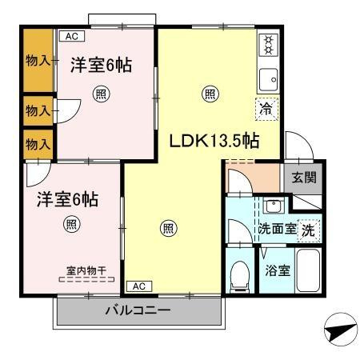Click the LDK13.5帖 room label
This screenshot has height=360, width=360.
[214, 141]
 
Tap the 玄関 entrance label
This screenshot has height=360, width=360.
[304, 178]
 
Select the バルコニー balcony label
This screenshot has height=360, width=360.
[138, 310]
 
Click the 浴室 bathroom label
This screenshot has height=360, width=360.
[278, 270]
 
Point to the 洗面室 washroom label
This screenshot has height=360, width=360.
[277, 229]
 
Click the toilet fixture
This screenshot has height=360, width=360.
[240, 276]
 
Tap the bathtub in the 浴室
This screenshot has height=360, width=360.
[308, 270]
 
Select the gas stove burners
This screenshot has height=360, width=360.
[269, 45]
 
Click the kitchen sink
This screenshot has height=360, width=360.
[269, 79]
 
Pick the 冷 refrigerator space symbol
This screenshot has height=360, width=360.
[266, 109]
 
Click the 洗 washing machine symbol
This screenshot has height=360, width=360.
[309, 230]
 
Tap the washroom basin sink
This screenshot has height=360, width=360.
[273, 206]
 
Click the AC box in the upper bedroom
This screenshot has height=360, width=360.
[72, 36]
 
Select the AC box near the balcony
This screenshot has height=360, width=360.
[139, 286]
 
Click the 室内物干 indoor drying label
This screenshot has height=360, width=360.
[86, 271]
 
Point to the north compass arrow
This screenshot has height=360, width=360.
[341, 330]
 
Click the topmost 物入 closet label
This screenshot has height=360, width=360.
[38, 61]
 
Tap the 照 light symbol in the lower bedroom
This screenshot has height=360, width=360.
[72, 224]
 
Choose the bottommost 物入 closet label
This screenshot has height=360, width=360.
[38, 144]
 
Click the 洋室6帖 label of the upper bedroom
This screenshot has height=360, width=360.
[101, 65]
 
